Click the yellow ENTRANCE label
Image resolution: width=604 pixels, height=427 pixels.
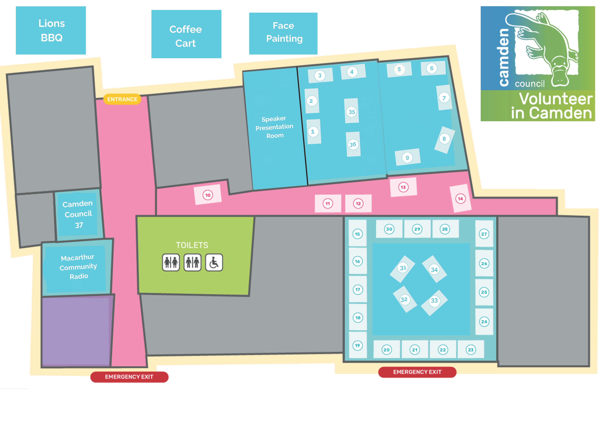(122, 99)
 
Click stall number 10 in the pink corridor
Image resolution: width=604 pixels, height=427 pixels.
(208, 195)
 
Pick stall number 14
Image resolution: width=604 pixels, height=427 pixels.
(460, 199)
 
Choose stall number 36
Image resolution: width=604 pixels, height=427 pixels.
(353, 144)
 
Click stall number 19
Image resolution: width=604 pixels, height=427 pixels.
(357, 345)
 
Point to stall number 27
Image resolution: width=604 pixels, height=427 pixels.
(484, 234)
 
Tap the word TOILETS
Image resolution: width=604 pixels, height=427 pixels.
(192, 245)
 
